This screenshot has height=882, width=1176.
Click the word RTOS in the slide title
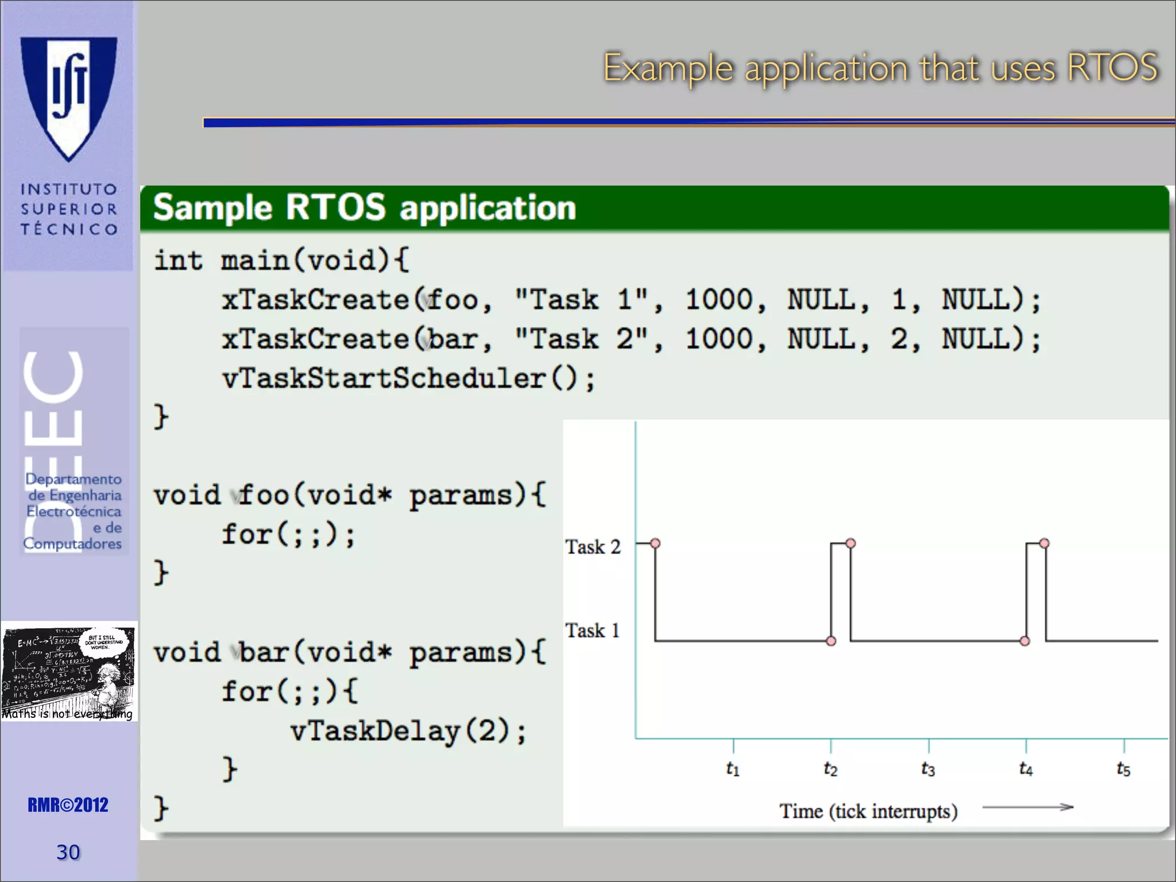1112,68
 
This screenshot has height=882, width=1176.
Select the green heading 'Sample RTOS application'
364,207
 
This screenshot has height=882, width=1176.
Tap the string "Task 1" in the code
581,300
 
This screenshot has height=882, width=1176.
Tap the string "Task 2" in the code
581,339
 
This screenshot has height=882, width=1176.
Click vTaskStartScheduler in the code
384,378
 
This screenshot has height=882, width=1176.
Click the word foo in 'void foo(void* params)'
264,495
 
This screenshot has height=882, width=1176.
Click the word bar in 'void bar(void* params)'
264,652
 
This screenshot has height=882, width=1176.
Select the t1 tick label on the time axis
733,768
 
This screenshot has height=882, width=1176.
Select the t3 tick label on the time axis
928,768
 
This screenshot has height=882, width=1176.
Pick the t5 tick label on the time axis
1123,768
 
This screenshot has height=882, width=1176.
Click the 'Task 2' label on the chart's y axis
593,547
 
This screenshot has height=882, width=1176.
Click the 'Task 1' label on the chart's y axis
593,630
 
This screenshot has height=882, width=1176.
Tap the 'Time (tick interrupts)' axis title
868,811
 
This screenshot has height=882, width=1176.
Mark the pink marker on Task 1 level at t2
831,641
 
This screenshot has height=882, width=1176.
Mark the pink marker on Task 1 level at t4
1025,641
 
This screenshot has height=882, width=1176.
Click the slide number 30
68,852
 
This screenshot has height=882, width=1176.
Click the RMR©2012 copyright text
68,805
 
